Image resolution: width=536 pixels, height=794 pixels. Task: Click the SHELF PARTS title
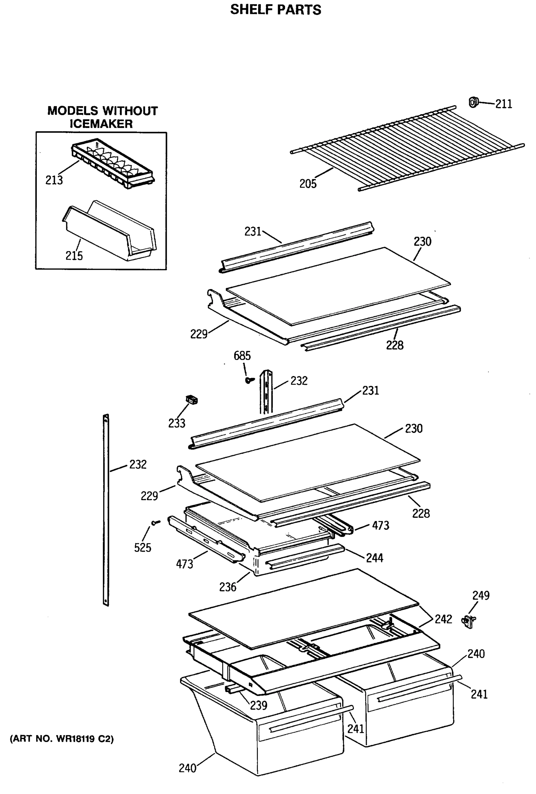[x=275, y=10]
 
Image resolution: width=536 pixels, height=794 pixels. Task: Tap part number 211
[x=504, y=104]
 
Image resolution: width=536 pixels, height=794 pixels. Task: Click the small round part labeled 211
[x=473, y=102]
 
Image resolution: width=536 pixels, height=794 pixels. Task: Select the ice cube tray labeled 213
[x=113, y=163]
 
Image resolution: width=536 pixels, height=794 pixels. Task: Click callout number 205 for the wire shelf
[x=308, y=184]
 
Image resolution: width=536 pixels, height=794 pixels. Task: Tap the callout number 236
[x=228, y=587]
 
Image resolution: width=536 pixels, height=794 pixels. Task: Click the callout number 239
[x=259, y=705]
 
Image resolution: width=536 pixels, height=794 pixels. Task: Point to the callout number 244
[x=375, y=558]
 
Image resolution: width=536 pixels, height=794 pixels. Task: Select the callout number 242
[x=443, y=619]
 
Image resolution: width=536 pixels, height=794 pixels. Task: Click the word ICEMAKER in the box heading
[x=101, y=124]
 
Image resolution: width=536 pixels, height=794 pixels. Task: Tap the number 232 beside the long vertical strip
[x=138, y=464]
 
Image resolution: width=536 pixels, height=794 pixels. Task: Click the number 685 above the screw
[x=242, y=356]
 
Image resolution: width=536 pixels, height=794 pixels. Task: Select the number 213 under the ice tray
[x=54, y=180]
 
